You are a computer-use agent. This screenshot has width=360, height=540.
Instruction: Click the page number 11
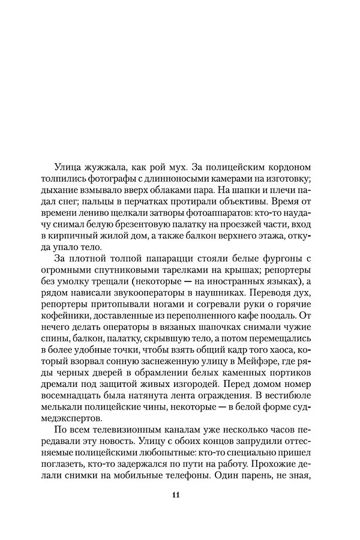click(176, 495)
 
